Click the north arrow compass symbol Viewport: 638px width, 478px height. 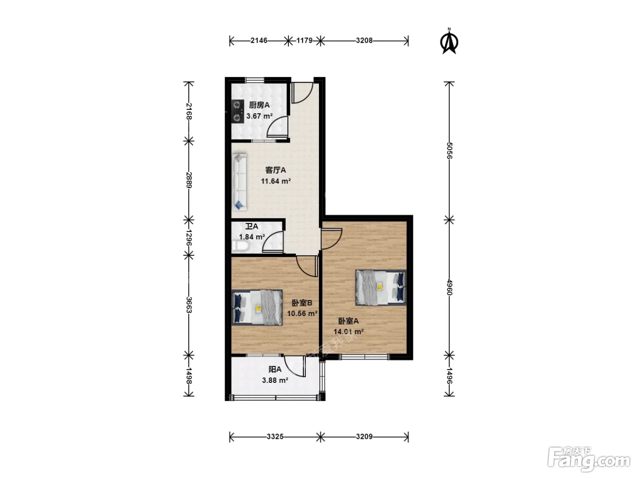pyautogui.click(x=449, y=41)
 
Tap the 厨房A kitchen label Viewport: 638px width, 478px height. pyautogui.click(x=259, y=105)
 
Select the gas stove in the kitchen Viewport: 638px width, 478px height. pyautogui.click(x=238, y=112)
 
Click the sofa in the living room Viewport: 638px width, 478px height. pyautogui.click(x=240, y=182)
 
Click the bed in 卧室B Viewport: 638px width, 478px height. pyautogui.click(x=257, y=307)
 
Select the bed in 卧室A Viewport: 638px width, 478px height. pyautogui.click(x=381, y=287)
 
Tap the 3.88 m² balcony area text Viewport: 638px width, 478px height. pyautogui.click(x=275, y=380)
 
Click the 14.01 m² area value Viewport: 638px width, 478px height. pyautogui.click(x=349, y=331)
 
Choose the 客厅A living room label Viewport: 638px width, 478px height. pyautogui.click(x=276, y=170)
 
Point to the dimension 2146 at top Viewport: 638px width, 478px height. pyautogui.click(x=259, y=41)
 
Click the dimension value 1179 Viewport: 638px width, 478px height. pyautogui.click(x=304, y=41)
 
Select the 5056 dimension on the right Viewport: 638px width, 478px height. pyautogui.click(x=449, y=151)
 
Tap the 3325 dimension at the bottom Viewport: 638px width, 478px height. pyautogui.click(x=275, y=437)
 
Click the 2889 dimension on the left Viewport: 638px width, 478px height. pyautogui.click(x=189, y=180)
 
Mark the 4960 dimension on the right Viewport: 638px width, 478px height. pyautogui.click(x=449, y=287)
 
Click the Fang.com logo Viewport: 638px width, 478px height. pyautogui.click(x=589, y=460)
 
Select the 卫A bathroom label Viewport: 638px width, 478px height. pyautogui.click(x=252, y=226)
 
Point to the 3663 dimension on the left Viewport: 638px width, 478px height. pyautogui.click(x=189, y=305)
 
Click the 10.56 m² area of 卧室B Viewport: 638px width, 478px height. pyautogui.click(x=302, y=314)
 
